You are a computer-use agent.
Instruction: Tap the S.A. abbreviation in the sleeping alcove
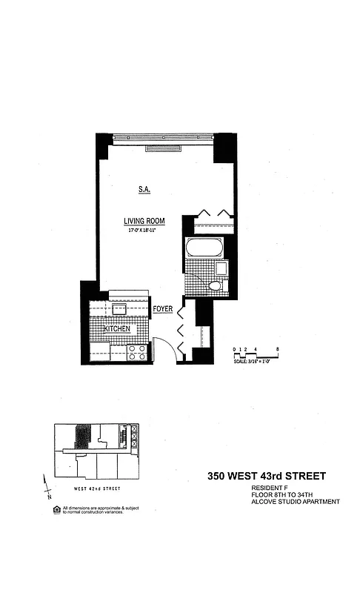click(144, 191)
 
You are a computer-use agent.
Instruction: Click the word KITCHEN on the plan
click(117, 328)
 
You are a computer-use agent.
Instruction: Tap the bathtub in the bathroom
click(204, 248)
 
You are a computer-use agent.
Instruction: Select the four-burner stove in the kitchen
click(136, 352)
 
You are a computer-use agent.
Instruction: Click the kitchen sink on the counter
click(119, 308)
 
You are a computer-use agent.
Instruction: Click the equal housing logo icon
click(57, 509)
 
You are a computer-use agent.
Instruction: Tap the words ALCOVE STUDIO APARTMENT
click(295, 502)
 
